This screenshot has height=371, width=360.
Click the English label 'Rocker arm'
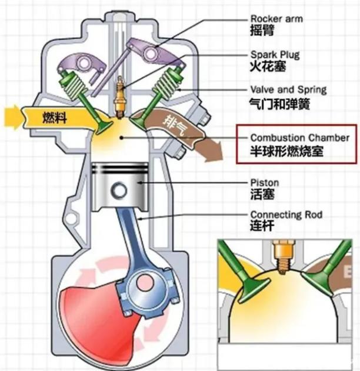[276, 19]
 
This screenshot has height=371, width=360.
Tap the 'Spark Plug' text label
[275, 55]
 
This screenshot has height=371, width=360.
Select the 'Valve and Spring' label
[288, 90]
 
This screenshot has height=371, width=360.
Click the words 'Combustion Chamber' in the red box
[299, 138]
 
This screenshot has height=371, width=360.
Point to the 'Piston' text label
[265, 183]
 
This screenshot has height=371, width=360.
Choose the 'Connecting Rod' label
[286, 215]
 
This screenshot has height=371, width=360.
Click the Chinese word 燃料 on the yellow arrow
[55, 118]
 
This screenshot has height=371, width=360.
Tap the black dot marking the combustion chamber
[121, 138]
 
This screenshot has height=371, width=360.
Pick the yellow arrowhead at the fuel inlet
[12, 118]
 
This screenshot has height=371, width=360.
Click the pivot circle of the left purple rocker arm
[84, 63]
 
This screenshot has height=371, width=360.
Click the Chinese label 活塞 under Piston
[262, 195]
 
